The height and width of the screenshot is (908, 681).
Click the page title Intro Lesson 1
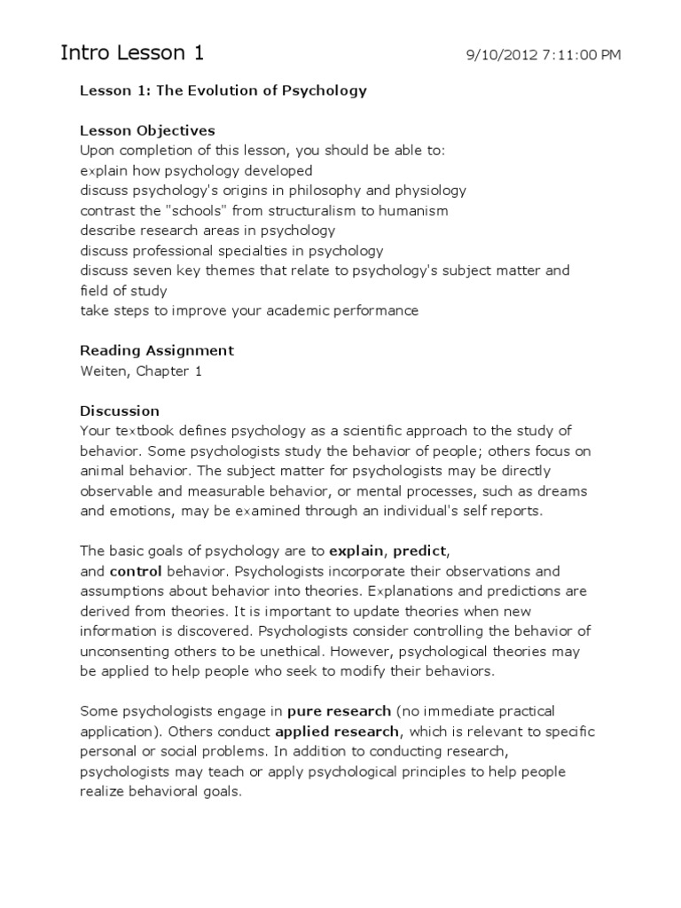tap(132, 53)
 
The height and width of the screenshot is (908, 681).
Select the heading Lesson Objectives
tap(147, 131)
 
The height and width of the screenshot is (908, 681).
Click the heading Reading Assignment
tap(157, 350)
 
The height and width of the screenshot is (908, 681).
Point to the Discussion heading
tap(120, 411)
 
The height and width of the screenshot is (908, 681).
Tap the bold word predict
tap(425, 552)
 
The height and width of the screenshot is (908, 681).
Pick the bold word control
tap(132, 572)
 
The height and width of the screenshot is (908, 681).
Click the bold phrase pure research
tap(339, 711)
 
